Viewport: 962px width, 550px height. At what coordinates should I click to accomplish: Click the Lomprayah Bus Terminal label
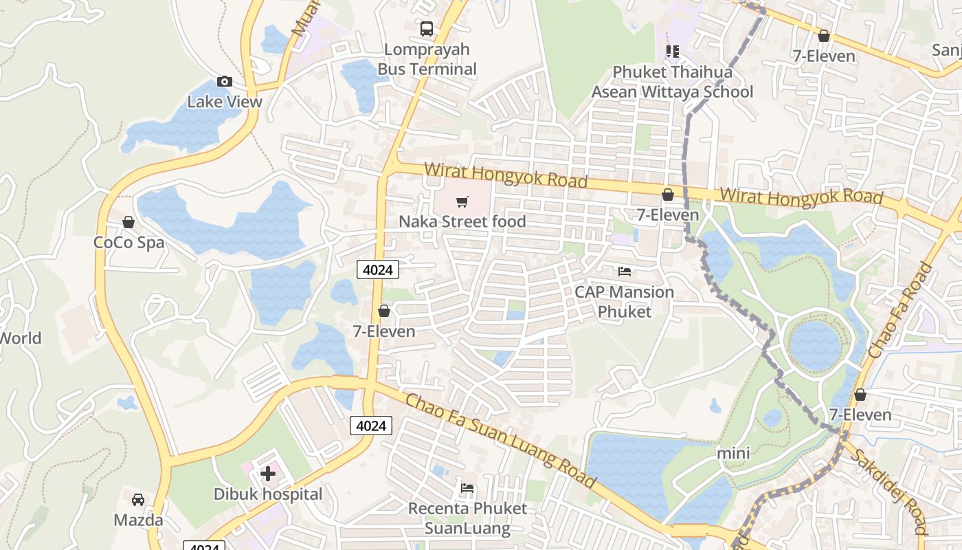click(427, 59)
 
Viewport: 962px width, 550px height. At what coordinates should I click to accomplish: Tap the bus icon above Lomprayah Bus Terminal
click(427, 29)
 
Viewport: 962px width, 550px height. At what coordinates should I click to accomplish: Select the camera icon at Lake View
click(225, 82)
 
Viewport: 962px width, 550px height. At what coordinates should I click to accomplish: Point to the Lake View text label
click(225, 102)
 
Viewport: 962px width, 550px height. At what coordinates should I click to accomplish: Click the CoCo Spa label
click(128, 243)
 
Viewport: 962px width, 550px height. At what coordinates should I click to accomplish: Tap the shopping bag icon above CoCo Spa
click(128, 222)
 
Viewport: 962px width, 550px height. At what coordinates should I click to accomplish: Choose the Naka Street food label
click(462, 221)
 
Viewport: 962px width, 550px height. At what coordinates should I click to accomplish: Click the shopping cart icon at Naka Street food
click(462, 202)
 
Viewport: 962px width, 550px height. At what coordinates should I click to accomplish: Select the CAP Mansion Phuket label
click(624, 302)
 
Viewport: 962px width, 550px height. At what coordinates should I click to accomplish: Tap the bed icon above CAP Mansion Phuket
click(625, 272)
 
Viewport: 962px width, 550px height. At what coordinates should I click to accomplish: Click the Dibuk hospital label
click(267, 494)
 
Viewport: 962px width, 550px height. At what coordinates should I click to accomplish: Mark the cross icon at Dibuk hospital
click(268, 473)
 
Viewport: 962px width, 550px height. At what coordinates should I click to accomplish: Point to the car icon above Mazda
click(138, 500)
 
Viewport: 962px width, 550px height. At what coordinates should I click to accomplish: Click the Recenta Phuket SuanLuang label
click(467, 518)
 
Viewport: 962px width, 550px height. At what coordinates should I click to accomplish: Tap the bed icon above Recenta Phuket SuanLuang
click(467, 489)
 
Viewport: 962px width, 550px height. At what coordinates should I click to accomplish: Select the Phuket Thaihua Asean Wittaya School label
click(672, 82)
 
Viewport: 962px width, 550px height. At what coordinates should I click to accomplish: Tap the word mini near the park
click(733, 454)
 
